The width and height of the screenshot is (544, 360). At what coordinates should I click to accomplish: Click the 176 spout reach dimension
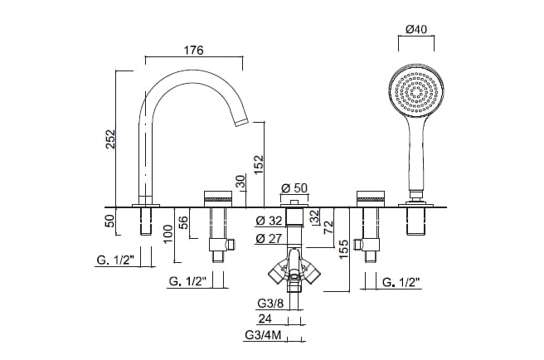193,50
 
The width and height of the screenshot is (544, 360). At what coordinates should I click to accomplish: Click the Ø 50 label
295,188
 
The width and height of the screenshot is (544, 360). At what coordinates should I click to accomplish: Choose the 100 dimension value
169,233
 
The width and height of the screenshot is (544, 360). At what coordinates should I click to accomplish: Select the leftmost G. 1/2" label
114,260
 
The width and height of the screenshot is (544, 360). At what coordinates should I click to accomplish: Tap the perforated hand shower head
416,90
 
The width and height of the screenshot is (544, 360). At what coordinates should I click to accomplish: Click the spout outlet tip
241,122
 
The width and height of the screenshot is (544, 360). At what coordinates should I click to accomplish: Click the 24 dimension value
265,318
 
